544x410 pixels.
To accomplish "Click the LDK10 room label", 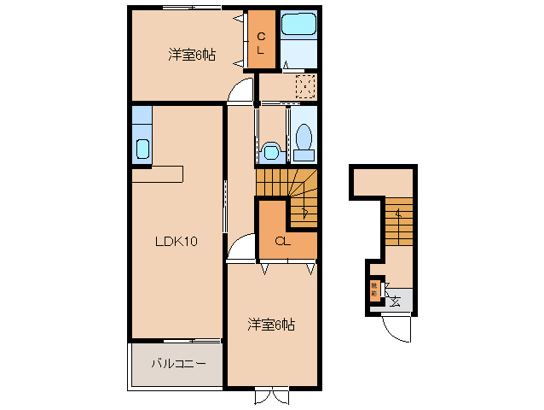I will (x=177, y=242).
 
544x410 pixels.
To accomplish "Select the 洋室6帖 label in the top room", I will (x=191, y=56).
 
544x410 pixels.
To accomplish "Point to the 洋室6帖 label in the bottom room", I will (x=271, y=325).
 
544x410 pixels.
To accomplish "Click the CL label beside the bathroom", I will (x=263, y=41).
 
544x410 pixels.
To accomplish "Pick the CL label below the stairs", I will (x=284, y=241).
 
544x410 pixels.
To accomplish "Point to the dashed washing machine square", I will (x=304, y=85).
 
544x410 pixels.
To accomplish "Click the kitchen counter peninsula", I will (x=158, y=173).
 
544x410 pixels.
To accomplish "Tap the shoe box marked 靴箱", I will (x=373, y=290).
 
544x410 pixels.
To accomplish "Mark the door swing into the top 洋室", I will (x=244, y=89).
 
